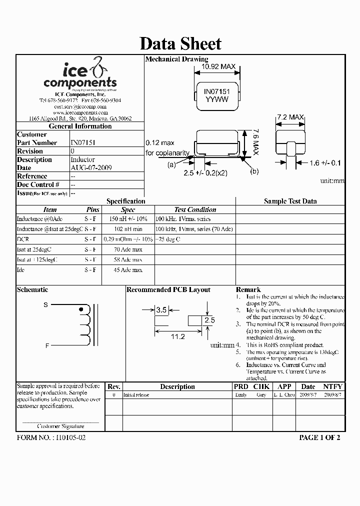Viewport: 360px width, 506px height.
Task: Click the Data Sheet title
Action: [x=180, y=43]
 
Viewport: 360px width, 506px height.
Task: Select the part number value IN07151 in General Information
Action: [x=83, y=142]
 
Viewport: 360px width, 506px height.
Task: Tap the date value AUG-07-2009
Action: [x=91, y=167]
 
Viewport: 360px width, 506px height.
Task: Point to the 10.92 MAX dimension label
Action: [x=218, y=66]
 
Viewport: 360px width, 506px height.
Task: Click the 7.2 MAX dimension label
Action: [x=290, y=117]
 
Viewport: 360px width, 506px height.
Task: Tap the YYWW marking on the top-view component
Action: [x=216, y=100]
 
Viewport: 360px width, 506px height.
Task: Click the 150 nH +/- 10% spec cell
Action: [x=128, y=219]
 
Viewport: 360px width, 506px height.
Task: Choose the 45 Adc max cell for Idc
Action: [x=128, y=270]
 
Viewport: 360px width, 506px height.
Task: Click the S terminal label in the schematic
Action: [x=46, y=305]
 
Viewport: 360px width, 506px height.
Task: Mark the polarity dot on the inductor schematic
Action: [x=81, y=310]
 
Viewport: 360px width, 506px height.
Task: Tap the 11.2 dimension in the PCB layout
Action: [x=178, y=337]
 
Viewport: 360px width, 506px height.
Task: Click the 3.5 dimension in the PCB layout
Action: [x=161, y=310]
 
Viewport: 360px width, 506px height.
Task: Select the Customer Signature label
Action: [x=61, y=426]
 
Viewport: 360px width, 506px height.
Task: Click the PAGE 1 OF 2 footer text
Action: [x=319, y=437]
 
